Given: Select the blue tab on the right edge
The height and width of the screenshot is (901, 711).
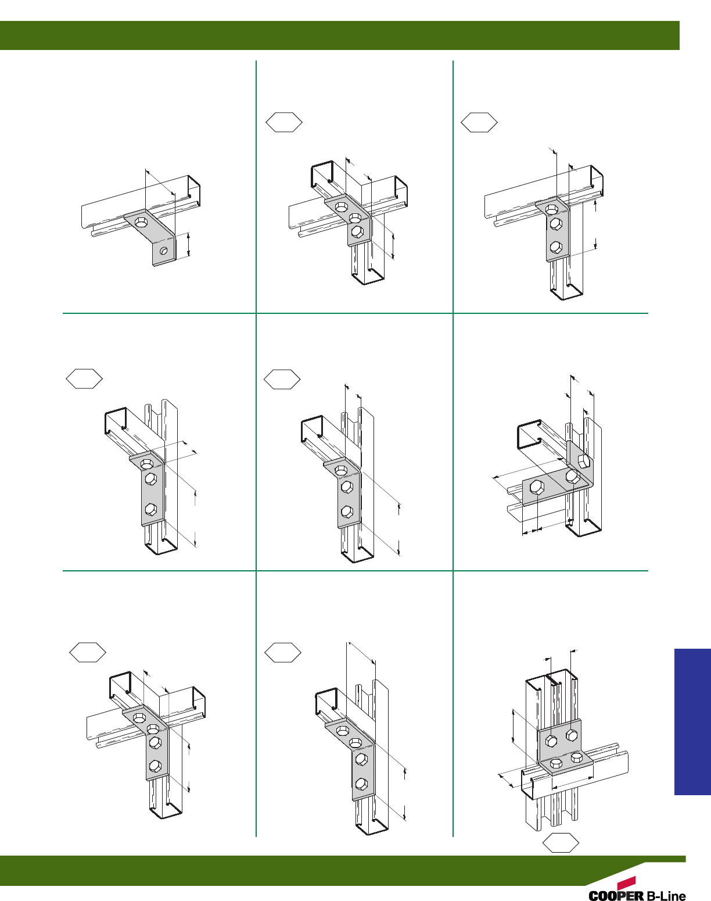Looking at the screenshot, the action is point(692,721).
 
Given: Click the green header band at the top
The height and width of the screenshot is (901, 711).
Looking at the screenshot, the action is point(339,35).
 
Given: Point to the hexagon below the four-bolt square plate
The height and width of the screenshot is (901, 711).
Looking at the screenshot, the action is point(561,842).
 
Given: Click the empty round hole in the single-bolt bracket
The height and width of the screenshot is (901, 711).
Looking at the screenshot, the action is point(164,251).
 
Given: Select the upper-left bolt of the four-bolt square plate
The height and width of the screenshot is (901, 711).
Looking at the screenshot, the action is point(552,741).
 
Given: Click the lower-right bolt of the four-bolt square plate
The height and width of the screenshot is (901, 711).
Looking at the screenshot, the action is point(576,758).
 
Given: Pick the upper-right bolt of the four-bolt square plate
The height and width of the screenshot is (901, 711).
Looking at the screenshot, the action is point(572,735).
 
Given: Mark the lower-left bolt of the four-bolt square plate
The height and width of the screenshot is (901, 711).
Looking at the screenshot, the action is point(556,763).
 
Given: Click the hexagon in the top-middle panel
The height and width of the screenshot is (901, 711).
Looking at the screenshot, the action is point(284,122).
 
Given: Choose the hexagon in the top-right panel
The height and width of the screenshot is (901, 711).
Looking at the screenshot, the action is point(479,122).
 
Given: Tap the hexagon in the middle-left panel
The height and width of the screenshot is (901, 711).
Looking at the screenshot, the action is point(84,379).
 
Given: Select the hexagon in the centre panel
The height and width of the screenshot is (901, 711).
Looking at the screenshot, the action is point(282,380).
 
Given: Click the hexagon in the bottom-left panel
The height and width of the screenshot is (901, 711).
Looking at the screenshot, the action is point(88,652).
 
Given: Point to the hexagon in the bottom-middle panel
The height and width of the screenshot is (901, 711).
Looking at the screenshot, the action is point(283,652).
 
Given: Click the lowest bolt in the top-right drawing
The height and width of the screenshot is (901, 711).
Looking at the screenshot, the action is point(556,248).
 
